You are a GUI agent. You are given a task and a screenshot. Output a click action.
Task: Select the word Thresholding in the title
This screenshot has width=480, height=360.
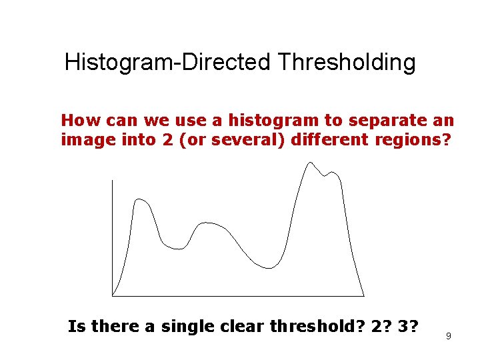[347, 63]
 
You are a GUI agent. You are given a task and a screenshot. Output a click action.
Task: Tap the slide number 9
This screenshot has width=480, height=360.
[449, 336]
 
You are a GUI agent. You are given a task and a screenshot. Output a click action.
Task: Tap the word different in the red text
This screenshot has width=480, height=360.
[325, 141]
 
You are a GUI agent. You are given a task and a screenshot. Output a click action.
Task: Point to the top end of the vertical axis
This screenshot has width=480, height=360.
[113, 180]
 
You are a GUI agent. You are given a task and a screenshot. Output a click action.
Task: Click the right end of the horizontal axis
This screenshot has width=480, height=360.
[364, 295]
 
